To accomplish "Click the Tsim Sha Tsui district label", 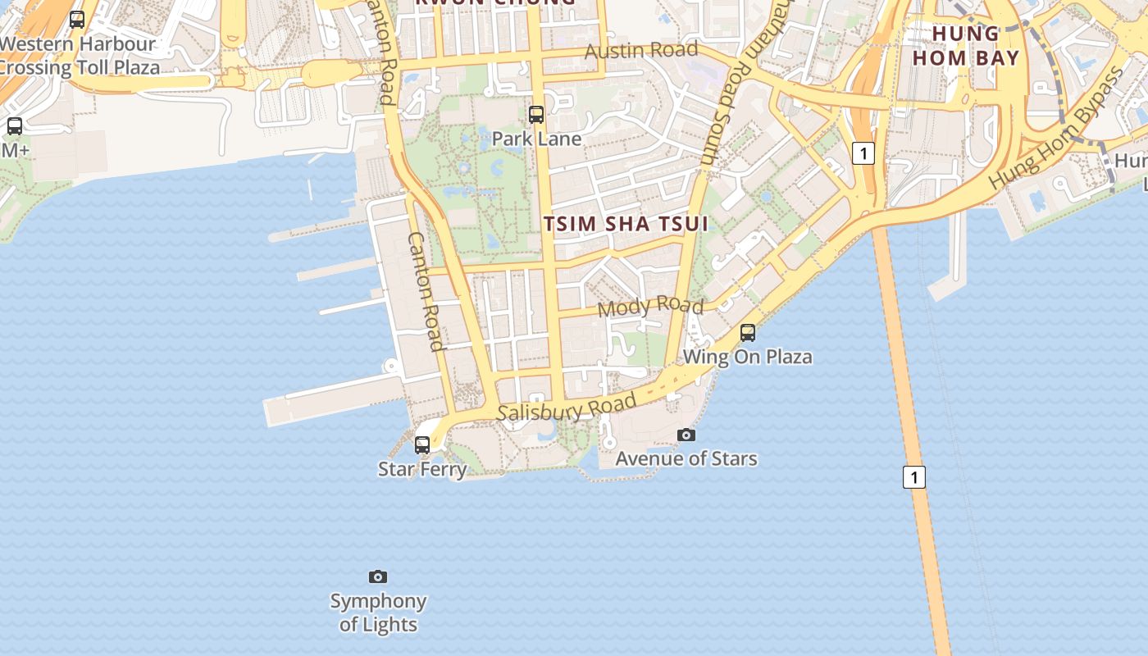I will click(626, 224).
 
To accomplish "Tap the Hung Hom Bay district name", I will click(966, 46).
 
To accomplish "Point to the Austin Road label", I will click(641, 50).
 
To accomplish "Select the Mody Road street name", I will click(650, 307).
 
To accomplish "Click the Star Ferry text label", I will click(422, 469).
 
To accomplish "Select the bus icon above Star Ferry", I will click(422, 445).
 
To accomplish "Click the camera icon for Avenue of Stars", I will click(686, 435).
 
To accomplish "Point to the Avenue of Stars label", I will click(686, 458).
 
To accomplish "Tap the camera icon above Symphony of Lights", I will click(378, 577).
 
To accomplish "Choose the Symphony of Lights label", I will click(378, 613).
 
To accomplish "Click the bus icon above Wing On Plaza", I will click(748, 333).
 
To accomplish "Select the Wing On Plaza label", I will click(748, 357).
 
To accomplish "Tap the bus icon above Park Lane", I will click(536, 115).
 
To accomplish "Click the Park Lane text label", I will click(536, 139).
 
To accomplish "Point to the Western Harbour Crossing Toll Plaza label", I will click(78, 56).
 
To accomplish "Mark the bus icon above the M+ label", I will click(15, 126).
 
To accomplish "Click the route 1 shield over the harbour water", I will click(914, 477).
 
